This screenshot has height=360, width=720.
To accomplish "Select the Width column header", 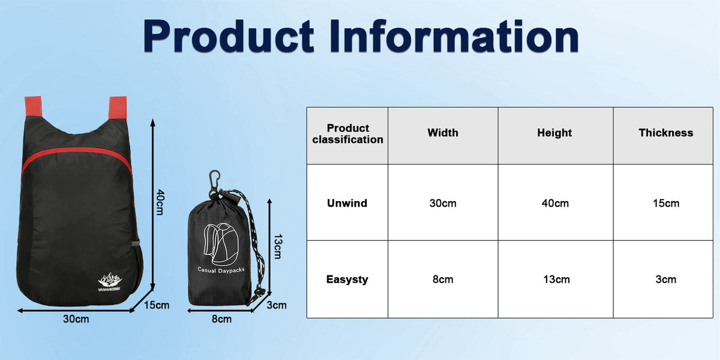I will point(443,133).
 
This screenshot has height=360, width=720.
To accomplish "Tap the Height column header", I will point(554,133).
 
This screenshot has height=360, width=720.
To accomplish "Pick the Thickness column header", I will point(665,133).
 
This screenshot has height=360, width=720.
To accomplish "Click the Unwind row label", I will point(347,203).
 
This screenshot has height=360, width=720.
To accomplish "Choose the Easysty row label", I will point(347,279).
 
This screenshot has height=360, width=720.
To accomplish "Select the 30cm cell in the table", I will point(443,203).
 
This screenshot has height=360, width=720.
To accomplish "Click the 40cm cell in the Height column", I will point(554,203).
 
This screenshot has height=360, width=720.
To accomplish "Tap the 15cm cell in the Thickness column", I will point(666,203).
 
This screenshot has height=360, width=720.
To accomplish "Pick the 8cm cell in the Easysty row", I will point(443,280).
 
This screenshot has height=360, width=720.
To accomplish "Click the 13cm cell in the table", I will point(554,280).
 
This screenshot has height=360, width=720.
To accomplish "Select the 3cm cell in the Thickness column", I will point(666,280).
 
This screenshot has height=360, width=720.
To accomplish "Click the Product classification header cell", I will point(347,134).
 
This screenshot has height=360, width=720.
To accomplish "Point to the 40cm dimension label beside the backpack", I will point(160,203).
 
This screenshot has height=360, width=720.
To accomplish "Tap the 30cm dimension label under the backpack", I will point(76,319).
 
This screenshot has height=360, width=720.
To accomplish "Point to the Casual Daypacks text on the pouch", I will point(220,270).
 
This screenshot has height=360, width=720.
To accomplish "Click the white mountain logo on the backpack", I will point(111,279).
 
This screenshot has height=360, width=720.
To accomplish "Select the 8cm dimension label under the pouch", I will point(221,319).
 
